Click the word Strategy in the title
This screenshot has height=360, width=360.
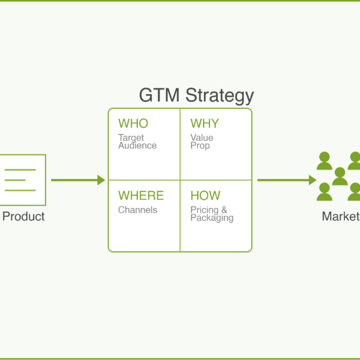tap(219, 96)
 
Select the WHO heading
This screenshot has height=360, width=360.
tap(133, 124)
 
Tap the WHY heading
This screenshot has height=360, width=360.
tap(205, 124)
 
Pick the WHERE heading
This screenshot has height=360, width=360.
tap(141, 196)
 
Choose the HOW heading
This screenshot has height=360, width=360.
tap(205, 196)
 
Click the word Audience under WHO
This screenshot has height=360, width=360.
tap(137, 145)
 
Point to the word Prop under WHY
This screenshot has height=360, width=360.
tap(200, 145)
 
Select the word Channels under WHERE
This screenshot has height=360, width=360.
tap(137, 210)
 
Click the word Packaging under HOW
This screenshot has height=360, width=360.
tap(212, 218)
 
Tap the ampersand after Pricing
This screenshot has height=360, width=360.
tap(224, 210)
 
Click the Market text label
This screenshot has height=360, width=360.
tap(340, 217)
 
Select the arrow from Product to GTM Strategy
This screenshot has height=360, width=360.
tap(78, 180)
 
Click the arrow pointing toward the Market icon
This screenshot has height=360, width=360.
tap(286, 180)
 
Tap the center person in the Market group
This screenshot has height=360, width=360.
tap(340, 176)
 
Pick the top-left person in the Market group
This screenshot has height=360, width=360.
tap(325, 161)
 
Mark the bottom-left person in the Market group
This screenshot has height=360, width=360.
tap(325, 191)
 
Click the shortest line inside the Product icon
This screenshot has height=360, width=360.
tap(17, 180)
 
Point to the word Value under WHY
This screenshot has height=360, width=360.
tap(202, 138)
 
